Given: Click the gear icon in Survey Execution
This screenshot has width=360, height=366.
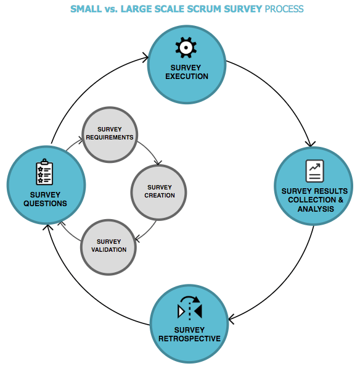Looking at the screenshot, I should [186, 47].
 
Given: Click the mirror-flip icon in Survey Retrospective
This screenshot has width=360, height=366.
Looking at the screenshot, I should [189, 307].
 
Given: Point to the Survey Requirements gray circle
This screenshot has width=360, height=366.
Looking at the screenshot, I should [110, 135].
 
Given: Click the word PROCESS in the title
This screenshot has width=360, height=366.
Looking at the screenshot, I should [284, 9].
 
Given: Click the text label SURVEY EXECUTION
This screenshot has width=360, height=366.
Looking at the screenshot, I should [186, 72].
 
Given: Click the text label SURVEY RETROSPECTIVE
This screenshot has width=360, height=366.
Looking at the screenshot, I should [189, 334].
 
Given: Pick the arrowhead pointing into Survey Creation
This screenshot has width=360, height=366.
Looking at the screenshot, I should [158, 164].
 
